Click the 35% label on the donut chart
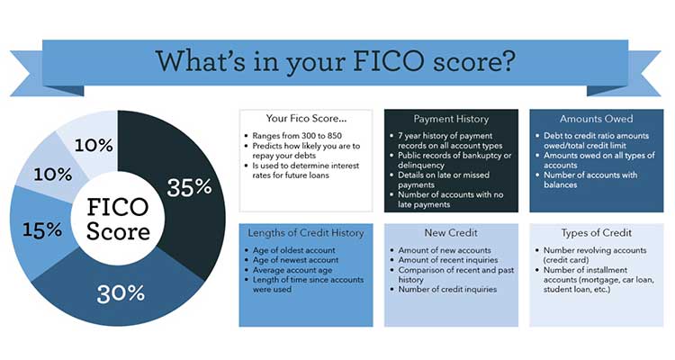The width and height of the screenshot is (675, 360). coord(189,187)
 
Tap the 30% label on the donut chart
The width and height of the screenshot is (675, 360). coord(121,293)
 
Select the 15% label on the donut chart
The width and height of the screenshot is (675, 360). coord(42,229)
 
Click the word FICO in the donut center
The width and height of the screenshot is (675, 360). coord(118,207)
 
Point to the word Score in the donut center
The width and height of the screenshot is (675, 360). coord(118,231)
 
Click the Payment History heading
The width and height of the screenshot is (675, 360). coord(451,119)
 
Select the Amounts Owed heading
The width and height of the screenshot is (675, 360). coord(597,119)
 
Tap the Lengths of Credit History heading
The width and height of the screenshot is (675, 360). coord(306,233)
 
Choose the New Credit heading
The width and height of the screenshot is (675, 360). coord(451,233)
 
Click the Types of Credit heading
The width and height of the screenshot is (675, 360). coord(597,233)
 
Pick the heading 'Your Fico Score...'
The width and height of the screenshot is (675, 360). coord(306,119)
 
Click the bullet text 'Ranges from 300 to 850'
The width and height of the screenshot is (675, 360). coord(297,136)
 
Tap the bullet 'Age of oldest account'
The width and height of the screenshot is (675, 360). coord(294,250)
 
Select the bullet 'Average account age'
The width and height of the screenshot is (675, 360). coord(292,270)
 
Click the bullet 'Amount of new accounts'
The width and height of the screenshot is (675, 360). coord(445,250)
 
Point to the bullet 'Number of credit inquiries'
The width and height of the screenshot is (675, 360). coord(447,290)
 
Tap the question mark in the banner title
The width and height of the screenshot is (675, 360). coord(508,61)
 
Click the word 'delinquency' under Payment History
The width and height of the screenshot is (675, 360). coord(421,166)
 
